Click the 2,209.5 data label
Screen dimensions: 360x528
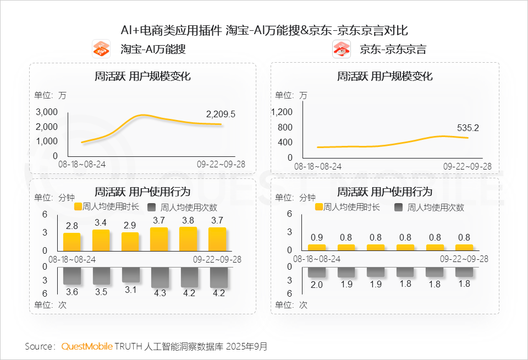[221, 114]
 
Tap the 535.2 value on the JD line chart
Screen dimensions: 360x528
[468, 128]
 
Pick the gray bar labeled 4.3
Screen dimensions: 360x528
[160, 277]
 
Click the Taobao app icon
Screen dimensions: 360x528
[101, 49]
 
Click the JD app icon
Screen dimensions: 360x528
[342, 49]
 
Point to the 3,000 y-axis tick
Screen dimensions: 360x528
[47, 112]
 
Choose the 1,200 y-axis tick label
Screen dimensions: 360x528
[282, 112]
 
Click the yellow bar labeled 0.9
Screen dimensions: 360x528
[317, 247]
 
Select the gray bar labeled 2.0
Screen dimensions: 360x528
[317, 272]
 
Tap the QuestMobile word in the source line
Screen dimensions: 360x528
[87, 346]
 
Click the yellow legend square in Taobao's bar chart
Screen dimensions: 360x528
[78, 207]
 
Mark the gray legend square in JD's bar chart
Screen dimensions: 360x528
[399, 207]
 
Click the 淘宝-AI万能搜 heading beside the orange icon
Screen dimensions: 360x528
[153, 49]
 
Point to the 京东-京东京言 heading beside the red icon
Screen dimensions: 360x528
[393, 49]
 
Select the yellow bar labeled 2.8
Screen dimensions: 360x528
[71, 242]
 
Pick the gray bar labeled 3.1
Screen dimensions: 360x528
[130, 275]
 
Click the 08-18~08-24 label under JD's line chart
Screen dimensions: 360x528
[318, 166]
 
